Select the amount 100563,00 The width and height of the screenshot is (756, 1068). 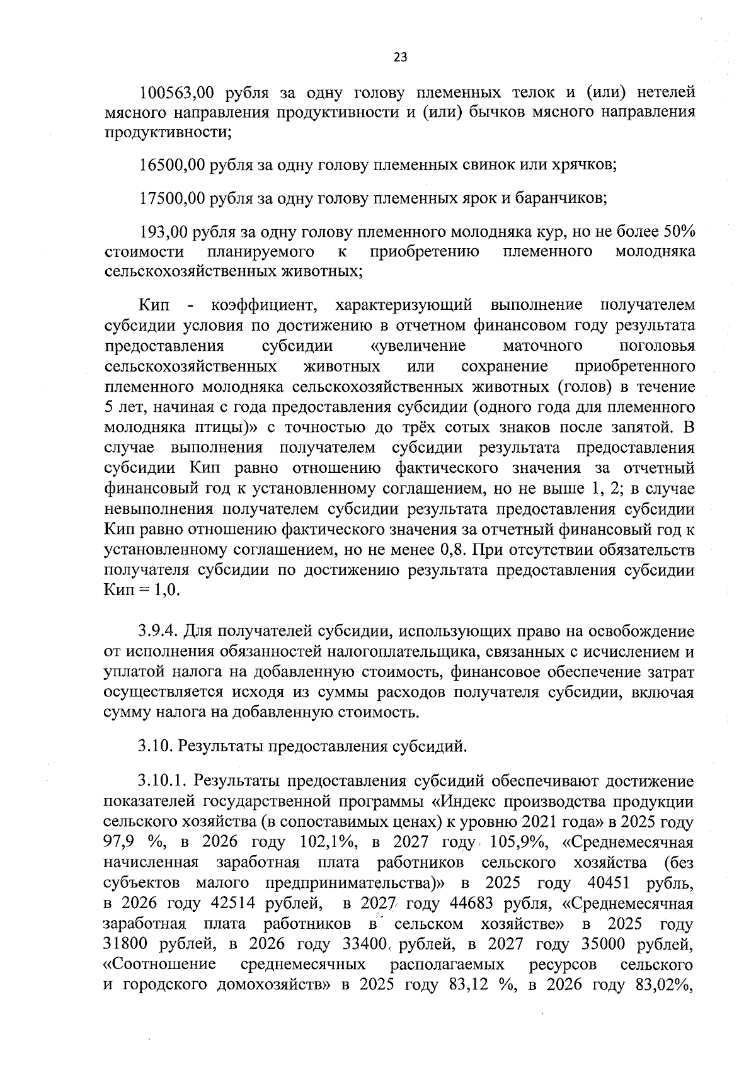click(176, 93)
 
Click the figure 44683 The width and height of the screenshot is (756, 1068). click(471, 904)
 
